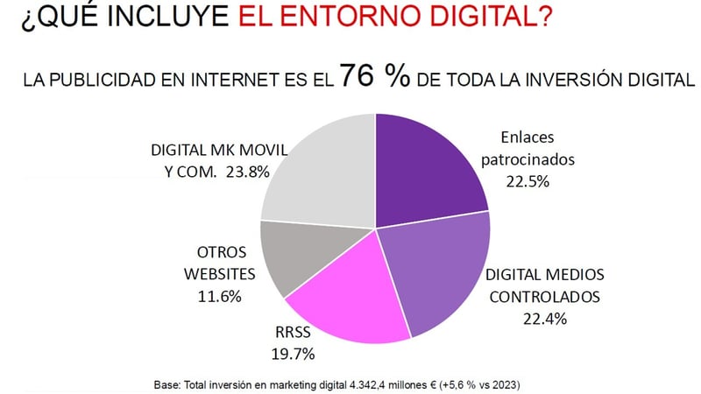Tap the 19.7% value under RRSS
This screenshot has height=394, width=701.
click(291, 354)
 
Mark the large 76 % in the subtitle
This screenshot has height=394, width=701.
click(375, 77)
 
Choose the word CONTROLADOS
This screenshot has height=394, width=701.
click(545, 296)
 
